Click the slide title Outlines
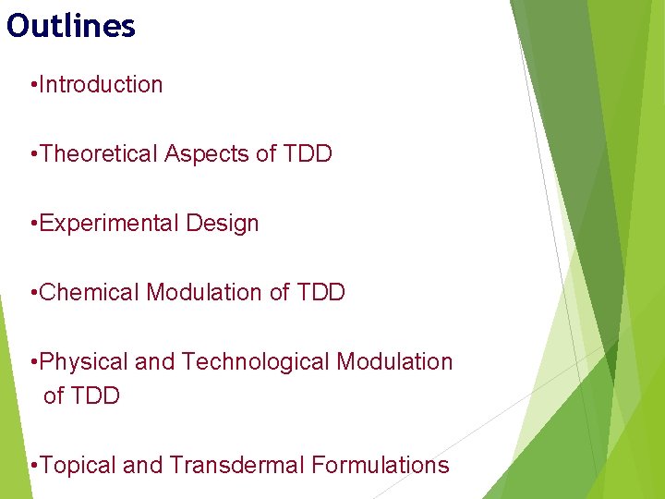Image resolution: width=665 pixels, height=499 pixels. coord(71,26)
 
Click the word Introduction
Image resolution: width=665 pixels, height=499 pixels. coord(102,84)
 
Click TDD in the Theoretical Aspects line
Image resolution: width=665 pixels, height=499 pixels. coord(308,153)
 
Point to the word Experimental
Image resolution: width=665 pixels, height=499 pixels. coord(110,223)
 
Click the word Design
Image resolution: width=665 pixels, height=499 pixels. coord(223,223)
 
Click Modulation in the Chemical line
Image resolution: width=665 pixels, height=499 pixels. coord(204,292)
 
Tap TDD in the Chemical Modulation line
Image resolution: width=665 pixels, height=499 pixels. coord(321,292)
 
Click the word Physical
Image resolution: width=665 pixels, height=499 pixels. coord(86,361)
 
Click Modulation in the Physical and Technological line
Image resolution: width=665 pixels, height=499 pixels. coord(394,361)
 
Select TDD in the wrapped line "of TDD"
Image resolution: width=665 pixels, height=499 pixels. coord(95,396)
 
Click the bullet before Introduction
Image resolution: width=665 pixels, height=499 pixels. coord(33,85)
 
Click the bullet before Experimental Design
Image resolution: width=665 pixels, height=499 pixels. coord(33,224)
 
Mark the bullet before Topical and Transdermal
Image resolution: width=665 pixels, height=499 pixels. coord(33,466)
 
